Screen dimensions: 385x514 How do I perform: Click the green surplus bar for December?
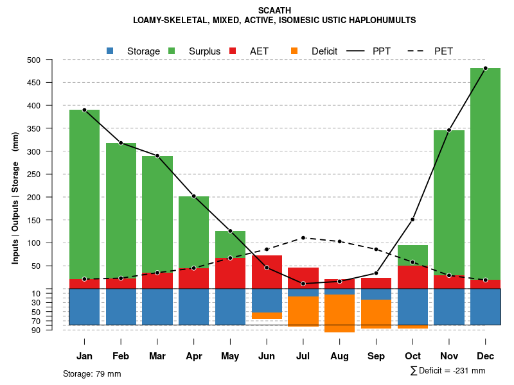pyautogui.click(x=485, y=173)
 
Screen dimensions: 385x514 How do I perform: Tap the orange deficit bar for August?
pyautogui.click(x=339, y=313)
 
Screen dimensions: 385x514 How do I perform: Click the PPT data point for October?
pyautogui.click(x=412, y=219)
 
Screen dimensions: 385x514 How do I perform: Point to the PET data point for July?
pyautogui.click(x=303, y=238)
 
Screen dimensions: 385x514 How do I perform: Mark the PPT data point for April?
pyautogui.click(x=194, y=196)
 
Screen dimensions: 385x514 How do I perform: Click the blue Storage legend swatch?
pyautogui.click(x=111, y=51)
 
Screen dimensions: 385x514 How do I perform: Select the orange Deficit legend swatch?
pyautogui.click(x=294, y=51)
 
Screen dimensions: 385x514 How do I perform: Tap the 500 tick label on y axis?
pyautogui.click(x=51, y=60)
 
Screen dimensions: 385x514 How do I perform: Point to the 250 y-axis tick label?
pyautogui.click(x=51, y=175)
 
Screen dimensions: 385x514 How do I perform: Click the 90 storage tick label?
pyautogui.click(x=54, y=330)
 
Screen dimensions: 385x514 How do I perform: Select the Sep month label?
pyautogui.click(x=376, y=356)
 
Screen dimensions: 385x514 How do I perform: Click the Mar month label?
pyautogui.click(x=157, y=356)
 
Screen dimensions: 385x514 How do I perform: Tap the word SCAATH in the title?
pyautogui.click(x=274, y=10)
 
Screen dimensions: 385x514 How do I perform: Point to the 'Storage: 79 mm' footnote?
pyautogui.click(x=92, y=373)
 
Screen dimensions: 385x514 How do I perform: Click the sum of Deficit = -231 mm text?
pyautogui.click(x=448, y=371)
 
